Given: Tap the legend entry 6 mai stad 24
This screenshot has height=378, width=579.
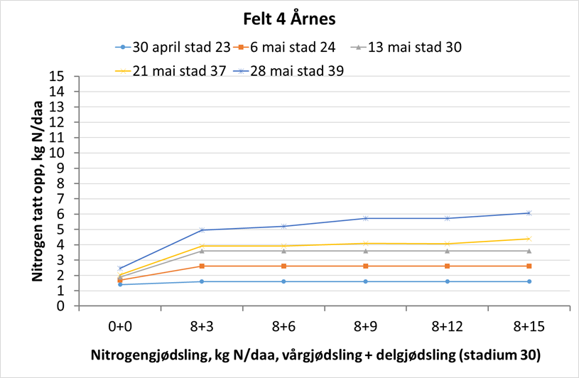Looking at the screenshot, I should pos(292,48).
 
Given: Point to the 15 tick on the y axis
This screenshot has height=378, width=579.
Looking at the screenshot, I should pos(65,77).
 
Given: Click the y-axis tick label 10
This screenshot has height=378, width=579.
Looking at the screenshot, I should pos(65,153).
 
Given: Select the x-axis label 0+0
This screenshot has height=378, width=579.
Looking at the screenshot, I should pos(120,327).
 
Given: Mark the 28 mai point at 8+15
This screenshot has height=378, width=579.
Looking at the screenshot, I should pos(528,213).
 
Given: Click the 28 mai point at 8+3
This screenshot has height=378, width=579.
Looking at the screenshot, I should pos(202,230).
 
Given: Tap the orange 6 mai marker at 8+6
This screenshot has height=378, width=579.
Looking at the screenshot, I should pos(283,266).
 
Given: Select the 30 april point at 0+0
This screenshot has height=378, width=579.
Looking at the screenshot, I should pos(120,284).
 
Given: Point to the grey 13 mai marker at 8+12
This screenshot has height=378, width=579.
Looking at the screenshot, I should pos(447,251).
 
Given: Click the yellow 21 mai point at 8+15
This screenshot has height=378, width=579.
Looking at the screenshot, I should pos(528,239).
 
